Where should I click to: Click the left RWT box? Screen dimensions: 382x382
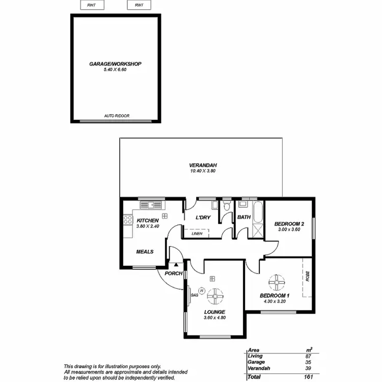[92, 5]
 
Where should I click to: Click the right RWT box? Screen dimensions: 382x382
[138, 5]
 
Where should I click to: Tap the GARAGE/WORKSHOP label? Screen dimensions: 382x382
[115, 64]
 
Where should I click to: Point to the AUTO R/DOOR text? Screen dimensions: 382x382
[117, 116]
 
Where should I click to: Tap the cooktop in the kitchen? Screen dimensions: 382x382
[127, 221]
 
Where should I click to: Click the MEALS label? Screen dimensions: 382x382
[145, 252]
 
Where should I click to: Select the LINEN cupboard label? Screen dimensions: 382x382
[197, 234]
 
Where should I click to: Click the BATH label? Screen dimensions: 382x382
[244, 217]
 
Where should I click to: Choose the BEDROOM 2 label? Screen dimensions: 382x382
[289, 224]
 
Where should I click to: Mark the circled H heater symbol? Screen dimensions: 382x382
[202, 290]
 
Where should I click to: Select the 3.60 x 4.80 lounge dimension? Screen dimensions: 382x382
[214, 318]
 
